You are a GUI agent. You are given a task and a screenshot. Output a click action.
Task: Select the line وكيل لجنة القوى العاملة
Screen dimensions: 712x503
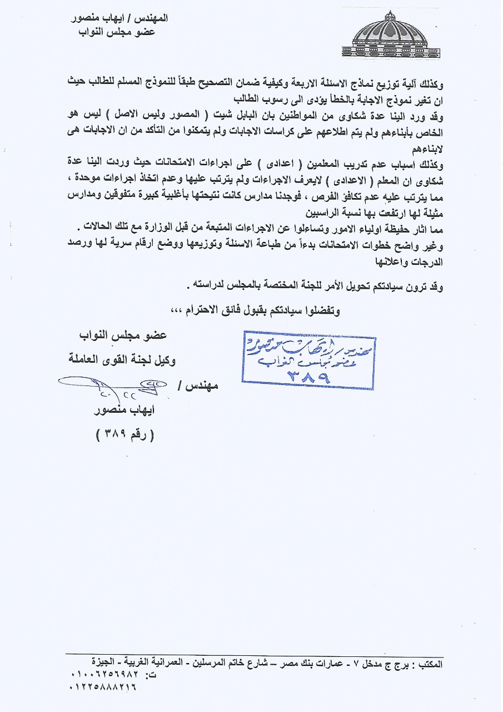click(x=121, y=361)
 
